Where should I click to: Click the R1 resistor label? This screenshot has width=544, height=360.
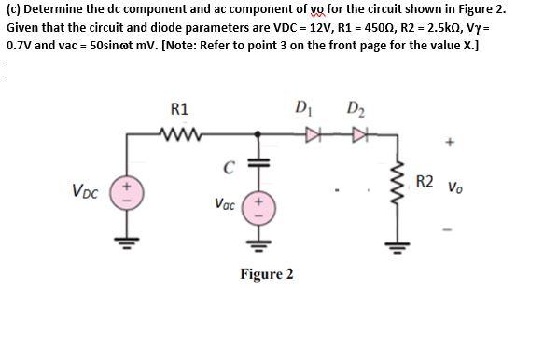coord(180,109)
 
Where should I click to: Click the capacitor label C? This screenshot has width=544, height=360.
coord(227,169)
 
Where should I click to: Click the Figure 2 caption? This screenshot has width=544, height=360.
coord(266,274)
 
